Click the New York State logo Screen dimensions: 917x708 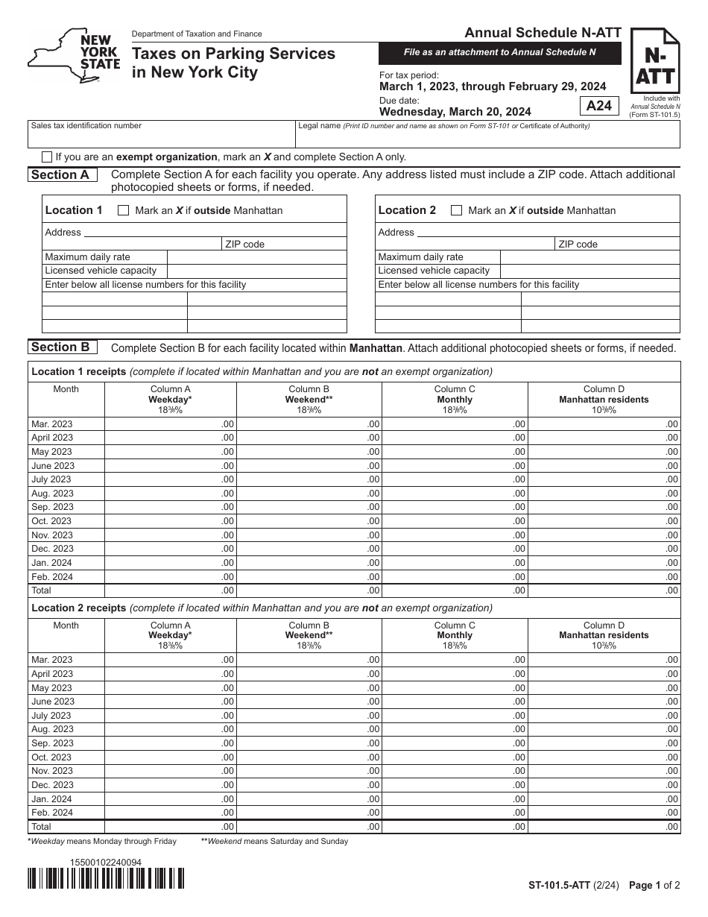click(x=73, y=57)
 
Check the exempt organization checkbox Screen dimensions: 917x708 click(x=48, y=157)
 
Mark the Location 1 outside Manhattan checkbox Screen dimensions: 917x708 click(x=124, y=210)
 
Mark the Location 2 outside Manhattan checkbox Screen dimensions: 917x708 click(x=457, y=210)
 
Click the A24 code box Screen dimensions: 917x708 click(x=598, y=106)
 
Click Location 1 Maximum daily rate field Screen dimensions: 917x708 click(x=256, y=257)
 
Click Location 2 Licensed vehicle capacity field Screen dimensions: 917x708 click(x=589, y=271)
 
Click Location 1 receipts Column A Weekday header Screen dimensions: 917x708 click(x=170, y=400)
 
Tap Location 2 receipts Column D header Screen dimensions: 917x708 click(x=604, y=635)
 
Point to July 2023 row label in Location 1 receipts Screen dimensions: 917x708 click(x=51, y=479)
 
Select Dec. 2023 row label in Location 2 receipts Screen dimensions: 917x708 click(x=52, y=785)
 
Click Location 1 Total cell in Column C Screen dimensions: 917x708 click(x=455, y=590)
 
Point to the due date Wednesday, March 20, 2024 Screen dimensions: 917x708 click(x=455, y=112)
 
